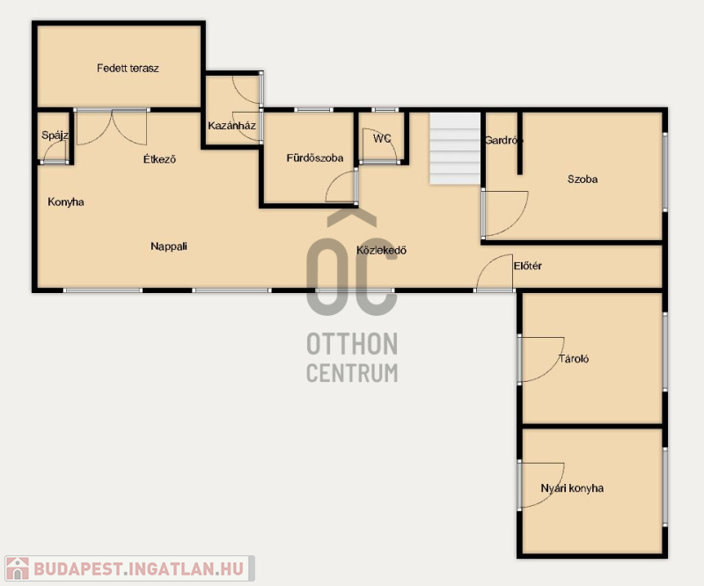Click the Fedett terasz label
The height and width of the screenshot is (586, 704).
pos(128,69)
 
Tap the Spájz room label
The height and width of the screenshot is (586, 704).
pos(55,136)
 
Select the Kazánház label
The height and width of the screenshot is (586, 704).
pos(231,126)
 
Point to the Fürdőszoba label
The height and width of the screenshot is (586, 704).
pos(315,158)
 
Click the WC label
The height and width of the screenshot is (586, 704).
pos(382,139)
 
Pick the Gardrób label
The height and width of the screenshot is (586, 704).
pos(503,141)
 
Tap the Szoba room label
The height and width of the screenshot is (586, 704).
pos(583,179)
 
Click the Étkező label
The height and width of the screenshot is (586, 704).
pos(159,158)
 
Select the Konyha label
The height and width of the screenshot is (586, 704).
pos(65,202)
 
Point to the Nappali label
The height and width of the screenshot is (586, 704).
pos(169,246)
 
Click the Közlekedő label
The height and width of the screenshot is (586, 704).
pos(381,250)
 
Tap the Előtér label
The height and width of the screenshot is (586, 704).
pos(527,266)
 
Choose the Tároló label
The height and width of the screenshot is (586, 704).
pos(574,359)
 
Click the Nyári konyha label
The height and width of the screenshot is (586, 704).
pos(572,488)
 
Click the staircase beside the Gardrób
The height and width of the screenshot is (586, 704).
pos(455,149)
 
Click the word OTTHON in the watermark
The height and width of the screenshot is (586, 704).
pos(352,344)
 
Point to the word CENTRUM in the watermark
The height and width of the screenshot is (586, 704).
pos(352,373)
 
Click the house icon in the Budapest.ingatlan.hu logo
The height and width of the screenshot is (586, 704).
pos(17,568)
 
